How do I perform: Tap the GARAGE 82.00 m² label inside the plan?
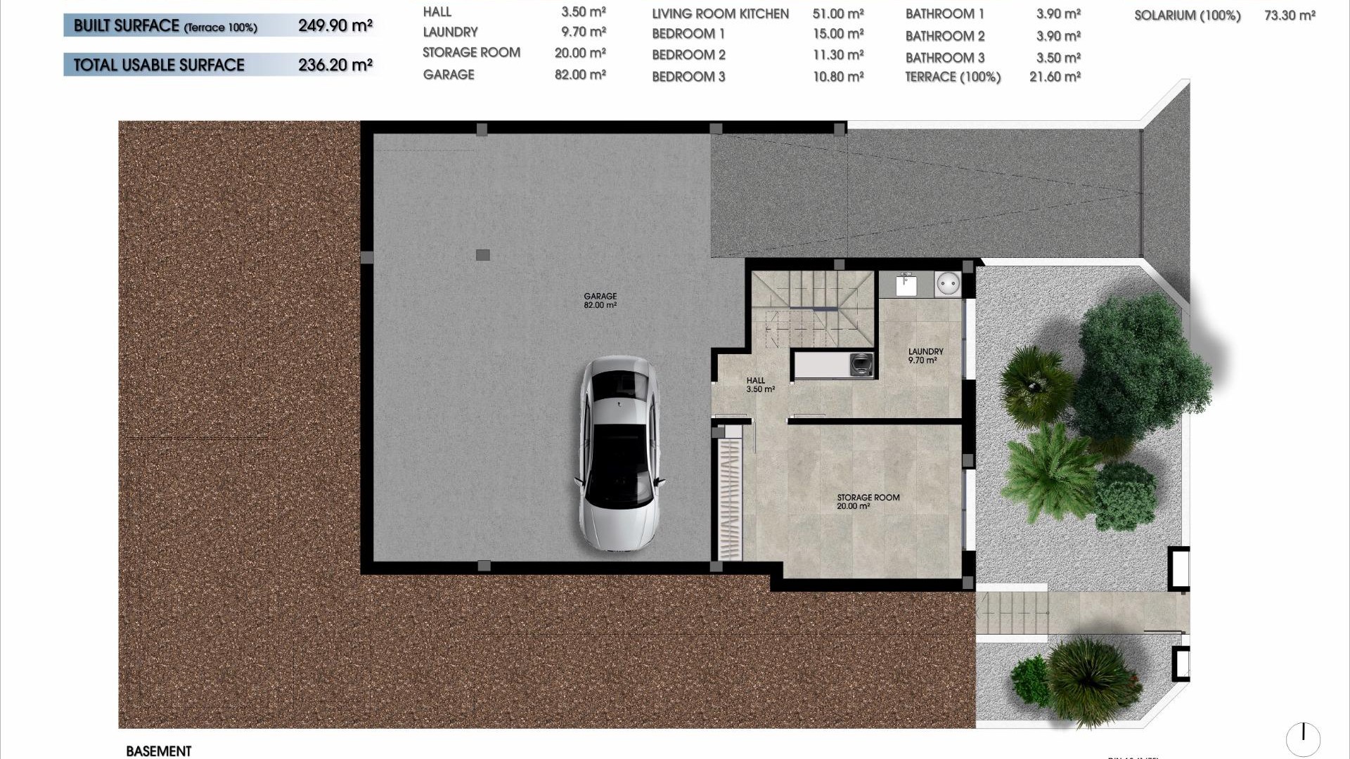tap(600, 301)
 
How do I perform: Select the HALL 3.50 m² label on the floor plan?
tap(759, 384)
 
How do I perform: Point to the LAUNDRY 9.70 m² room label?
tap(925, 356)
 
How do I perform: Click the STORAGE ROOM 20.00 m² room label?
tap(868, 502)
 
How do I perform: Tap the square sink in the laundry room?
tap(906, 285)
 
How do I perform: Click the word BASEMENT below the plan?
tap(159, 751)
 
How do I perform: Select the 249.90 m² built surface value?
tap(335, 26)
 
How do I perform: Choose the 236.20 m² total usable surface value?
tap(335, 65)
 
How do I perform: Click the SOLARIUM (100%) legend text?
tap(1187, 15)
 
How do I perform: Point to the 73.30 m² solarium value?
tap(1289, 15)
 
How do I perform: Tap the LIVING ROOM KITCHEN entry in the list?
tap(720, 14)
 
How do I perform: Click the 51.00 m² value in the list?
tap(837, 14)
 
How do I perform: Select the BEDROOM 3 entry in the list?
tap(688, 77)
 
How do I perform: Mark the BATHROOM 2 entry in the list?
tap(944, 36)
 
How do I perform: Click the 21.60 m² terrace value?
tap(1054, 77)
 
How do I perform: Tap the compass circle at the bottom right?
tap(1303, 739)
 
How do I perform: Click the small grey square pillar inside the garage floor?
tap(482, 255)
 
